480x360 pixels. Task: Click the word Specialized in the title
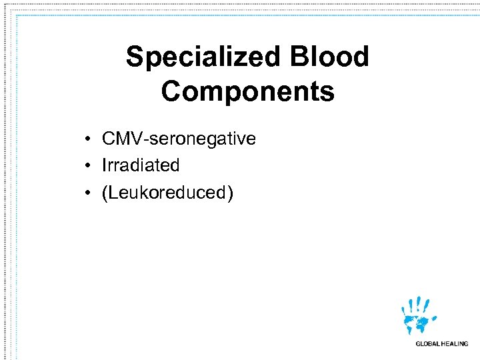pos(203,57)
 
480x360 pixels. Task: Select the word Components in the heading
pos(247,91)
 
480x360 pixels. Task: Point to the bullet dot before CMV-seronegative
pos(87,139)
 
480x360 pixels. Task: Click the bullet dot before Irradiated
pos(87,166)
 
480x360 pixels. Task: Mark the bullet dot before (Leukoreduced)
pos(87,193)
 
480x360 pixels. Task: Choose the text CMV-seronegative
pos(179,139)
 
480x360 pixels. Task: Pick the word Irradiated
pos(141,165)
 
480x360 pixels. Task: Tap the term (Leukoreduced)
pos(167,193)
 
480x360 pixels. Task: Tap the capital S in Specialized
pos(135,57)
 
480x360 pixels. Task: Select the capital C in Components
pos(171,91)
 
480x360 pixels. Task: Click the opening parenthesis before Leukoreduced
pos(105,193)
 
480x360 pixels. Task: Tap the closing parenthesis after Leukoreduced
pos(230,193)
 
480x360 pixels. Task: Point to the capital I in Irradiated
pos(104,165)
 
